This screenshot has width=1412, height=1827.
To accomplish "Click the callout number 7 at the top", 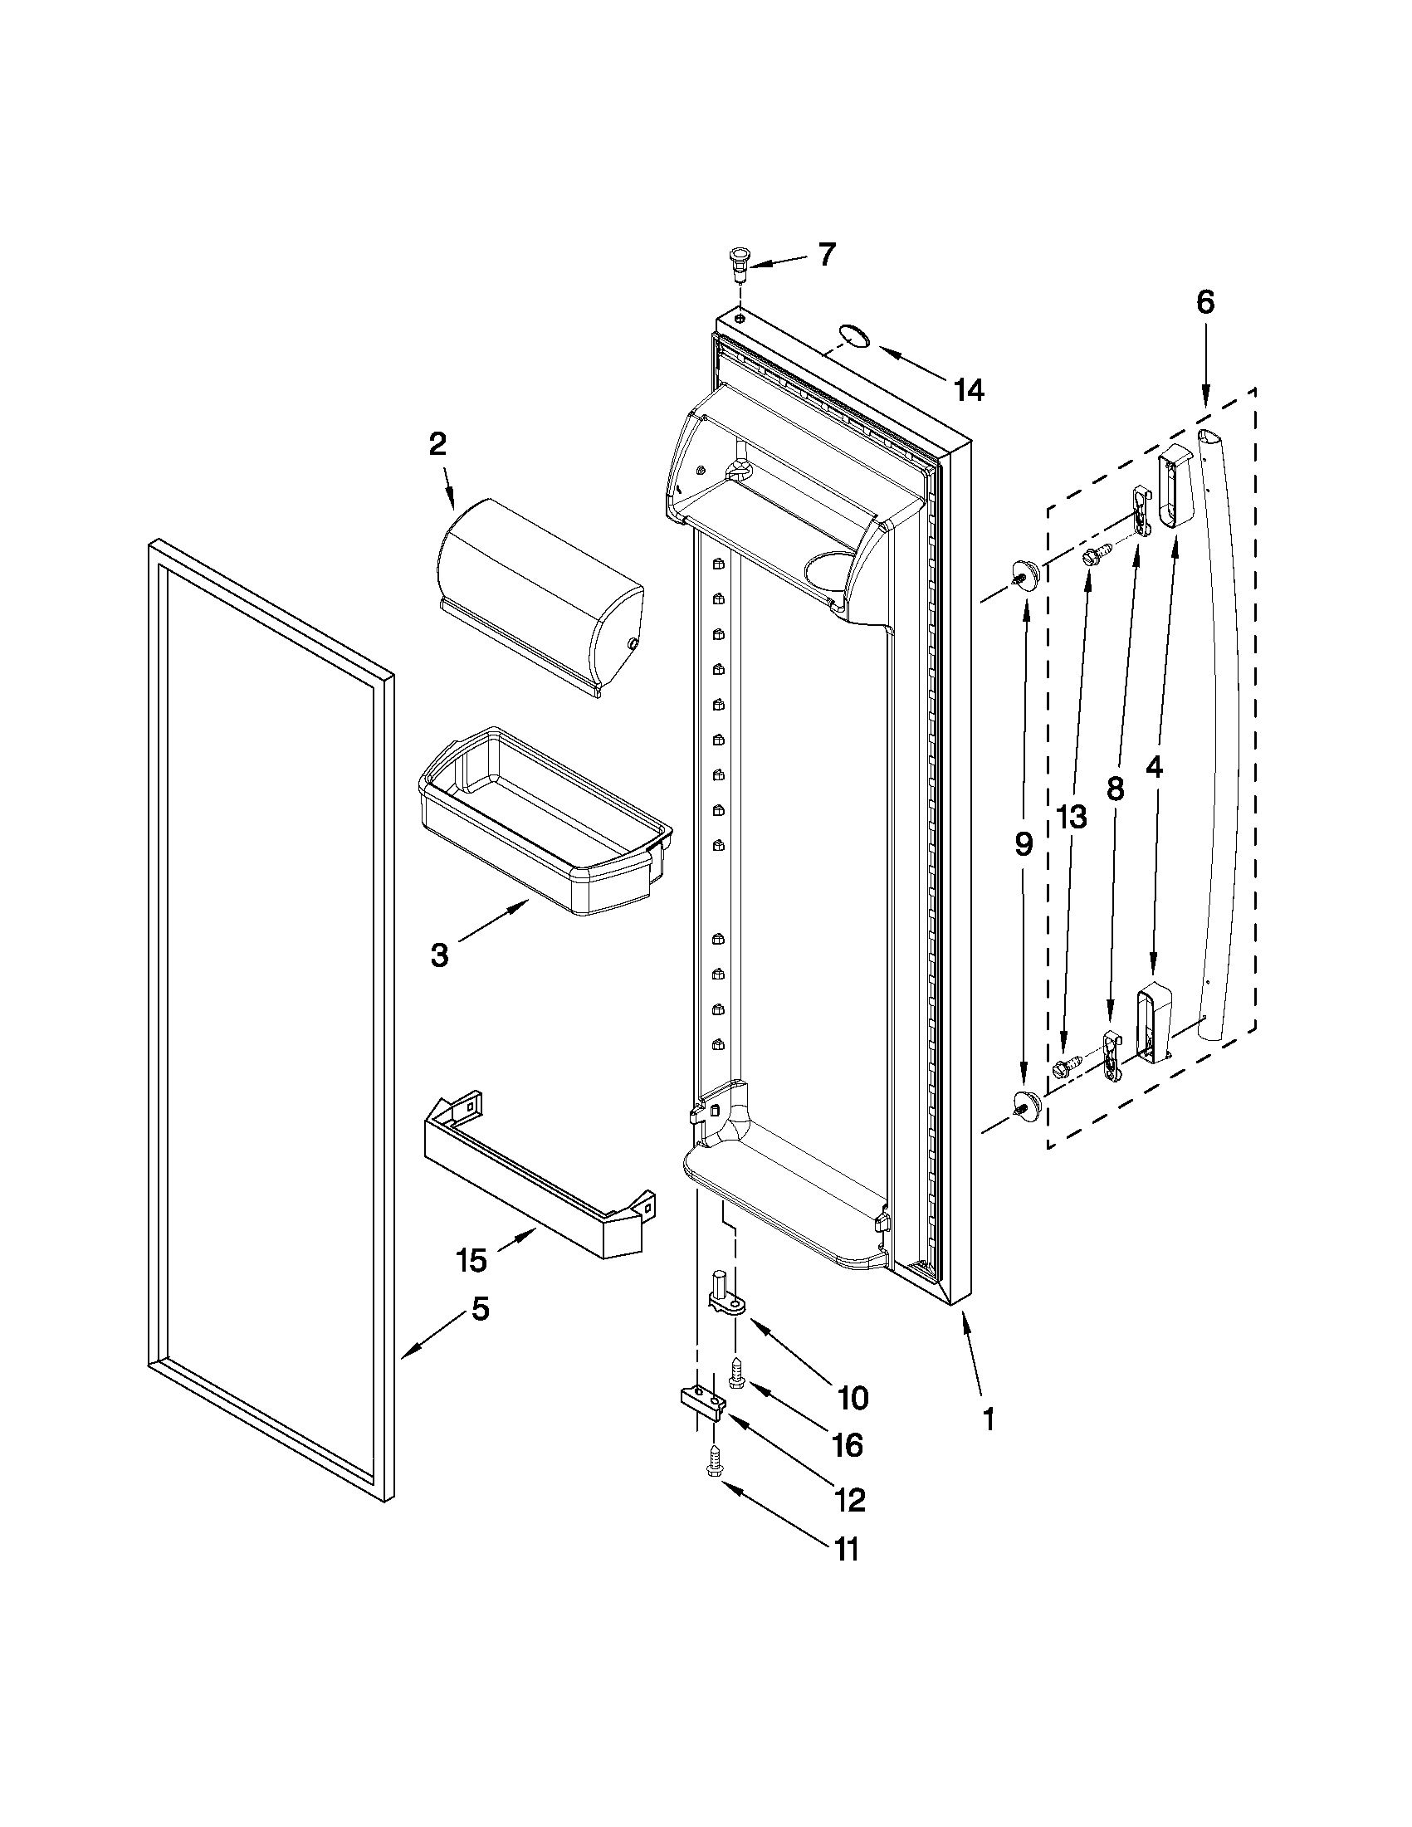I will coord(826,253).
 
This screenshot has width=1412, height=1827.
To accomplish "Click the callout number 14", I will coord(969,390).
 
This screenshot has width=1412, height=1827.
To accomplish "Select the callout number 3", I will coord(439,955).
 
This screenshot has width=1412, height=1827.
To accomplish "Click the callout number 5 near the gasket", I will coord(478,1309).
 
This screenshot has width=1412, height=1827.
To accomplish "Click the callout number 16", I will coord(848,1444).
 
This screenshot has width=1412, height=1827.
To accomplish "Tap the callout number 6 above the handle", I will coord(1204,303).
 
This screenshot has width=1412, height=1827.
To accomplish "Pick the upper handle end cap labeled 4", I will coord(1175,490).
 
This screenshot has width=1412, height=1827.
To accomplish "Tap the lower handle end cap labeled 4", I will coord(1151,1023).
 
